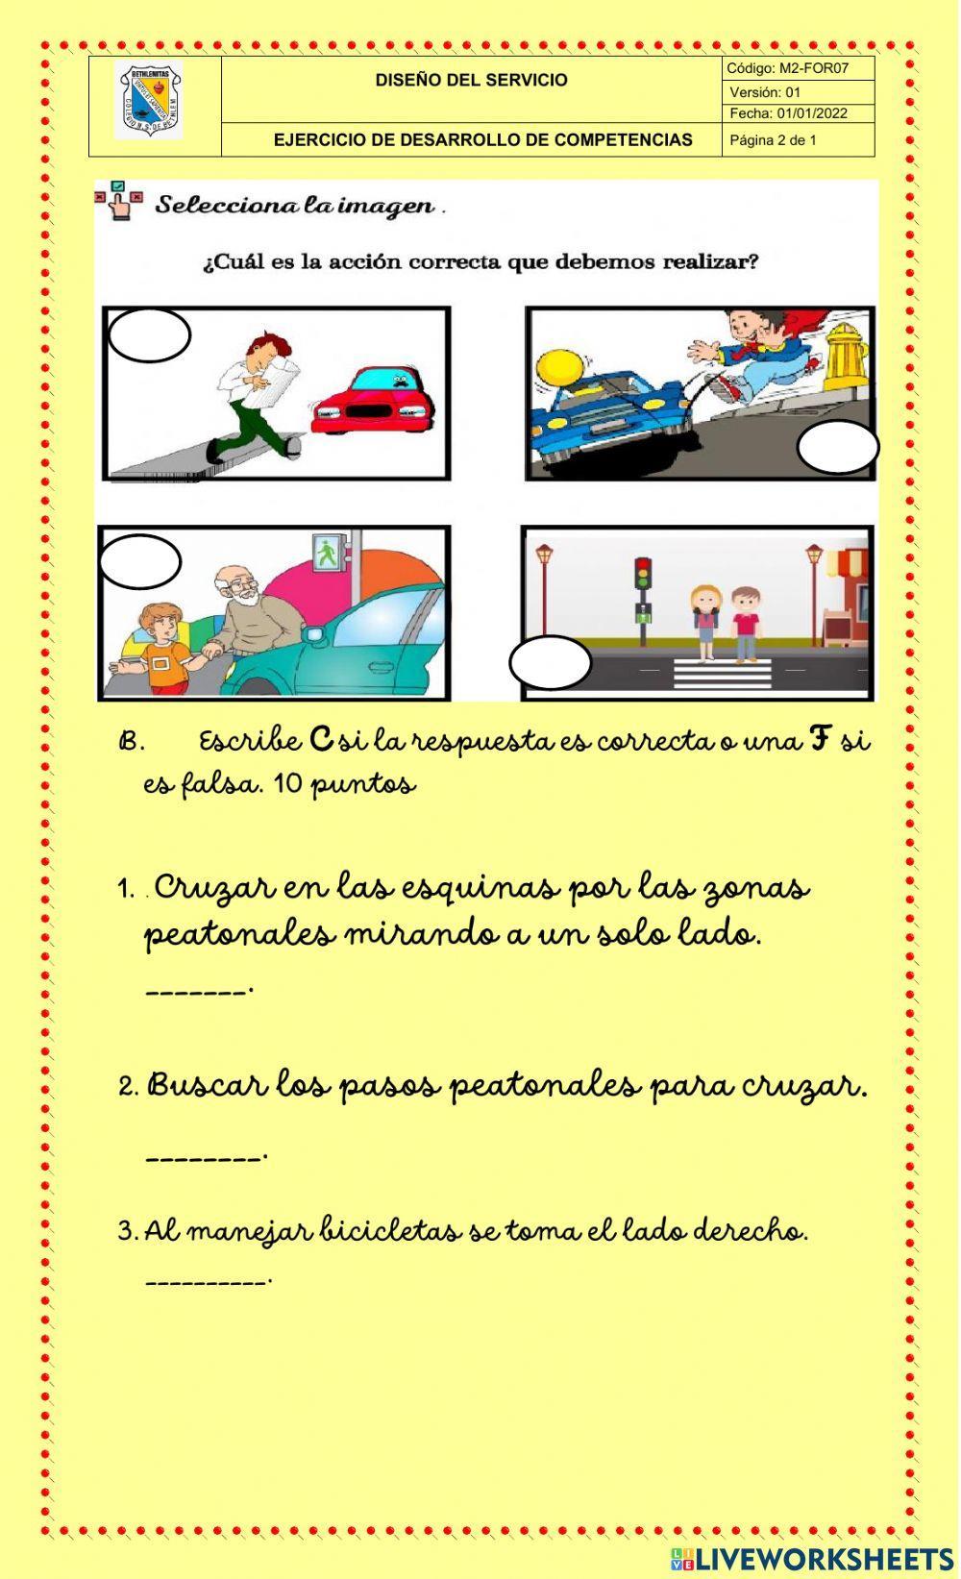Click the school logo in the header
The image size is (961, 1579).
[x=148, y=100]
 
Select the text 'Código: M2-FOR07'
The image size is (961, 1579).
[x=787, y=68]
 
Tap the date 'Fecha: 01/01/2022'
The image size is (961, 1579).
[x=788, y=113]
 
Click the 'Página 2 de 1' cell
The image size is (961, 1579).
[x=774, y=140]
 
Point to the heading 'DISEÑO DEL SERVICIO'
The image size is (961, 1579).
[x=471, y=81]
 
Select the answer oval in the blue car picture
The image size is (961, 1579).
[x=838, y=448]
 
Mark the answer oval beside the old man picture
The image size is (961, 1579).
[x=140, y=561]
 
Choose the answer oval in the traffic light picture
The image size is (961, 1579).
[x=550, y=663]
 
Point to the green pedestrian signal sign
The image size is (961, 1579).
[x=326, y=551]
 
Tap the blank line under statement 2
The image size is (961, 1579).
[x=205, y=1157]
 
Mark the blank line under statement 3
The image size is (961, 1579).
[x=208, y=1281]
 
